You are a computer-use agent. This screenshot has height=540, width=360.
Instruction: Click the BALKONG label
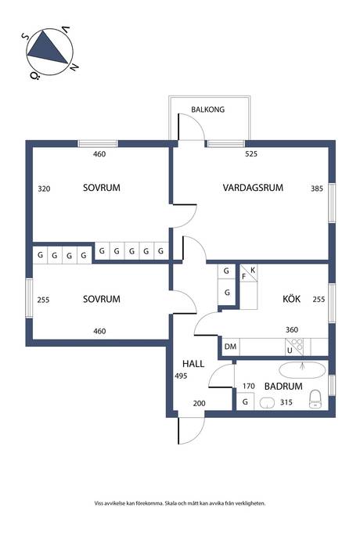(x=207, y=110)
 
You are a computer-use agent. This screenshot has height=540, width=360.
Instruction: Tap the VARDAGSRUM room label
(x=253, y=188)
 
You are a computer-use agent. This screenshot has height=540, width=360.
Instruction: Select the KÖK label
(x=291, y=299)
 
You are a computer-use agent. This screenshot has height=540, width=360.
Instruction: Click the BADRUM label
(x=283, y=386)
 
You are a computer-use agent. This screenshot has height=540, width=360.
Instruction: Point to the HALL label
(x=193, y=364)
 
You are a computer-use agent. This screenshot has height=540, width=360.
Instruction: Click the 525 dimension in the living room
(x=251, y=154)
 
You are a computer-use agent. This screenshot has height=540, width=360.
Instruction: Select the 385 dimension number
(x=317, y=189)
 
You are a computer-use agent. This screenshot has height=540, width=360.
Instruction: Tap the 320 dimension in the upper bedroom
(x=44, y=189)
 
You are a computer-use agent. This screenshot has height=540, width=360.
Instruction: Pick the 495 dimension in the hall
(x=181, y=376)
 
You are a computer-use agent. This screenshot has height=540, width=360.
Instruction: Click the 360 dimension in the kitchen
(x=292, y=329)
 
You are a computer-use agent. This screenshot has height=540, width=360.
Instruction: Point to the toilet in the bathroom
(x=315, y=399)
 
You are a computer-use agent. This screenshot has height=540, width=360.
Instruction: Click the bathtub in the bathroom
(x=302, y=370)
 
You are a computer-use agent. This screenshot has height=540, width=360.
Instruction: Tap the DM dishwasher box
(x=230, y=347)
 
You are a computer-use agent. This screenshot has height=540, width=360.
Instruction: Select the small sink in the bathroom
(x=267, y=402)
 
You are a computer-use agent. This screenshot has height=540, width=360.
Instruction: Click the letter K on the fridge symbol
(x=253, y=270)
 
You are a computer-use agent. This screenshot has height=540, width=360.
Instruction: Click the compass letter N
(x=74, y=67)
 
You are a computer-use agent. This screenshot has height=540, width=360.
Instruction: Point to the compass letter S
(x=25, y=36)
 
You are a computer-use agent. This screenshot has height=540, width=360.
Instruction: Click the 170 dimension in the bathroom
(x=248, y=386)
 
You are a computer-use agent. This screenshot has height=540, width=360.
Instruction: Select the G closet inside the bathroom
(x=245, y=401)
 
